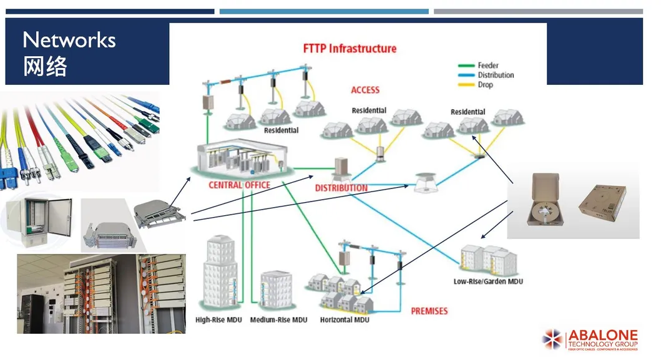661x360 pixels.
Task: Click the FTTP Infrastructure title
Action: point(350,48)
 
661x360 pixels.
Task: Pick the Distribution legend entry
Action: point(496,75)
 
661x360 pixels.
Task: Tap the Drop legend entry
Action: point(485,84)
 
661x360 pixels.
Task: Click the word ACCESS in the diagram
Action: point(365,90)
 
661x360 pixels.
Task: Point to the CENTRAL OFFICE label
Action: point(239,185)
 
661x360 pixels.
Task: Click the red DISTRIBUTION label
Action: point(341,188)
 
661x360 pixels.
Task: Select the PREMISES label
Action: point(429,311)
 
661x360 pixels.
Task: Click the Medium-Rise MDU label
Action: point(278,320)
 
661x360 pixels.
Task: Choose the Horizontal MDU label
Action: point(345,320)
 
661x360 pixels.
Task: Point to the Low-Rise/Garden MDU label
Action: point(488,281)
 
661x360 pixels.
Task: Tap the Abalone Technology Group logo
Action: point(590,339)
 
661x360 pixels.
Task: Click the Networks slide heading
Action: point(69,41)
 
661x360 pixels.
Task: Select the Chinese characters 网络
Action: point(45,67)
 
